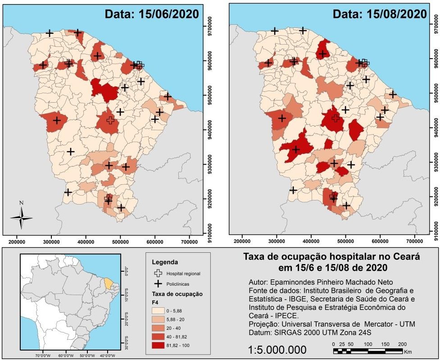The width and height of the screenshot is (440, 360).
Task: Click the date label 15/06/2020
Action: [151, 14]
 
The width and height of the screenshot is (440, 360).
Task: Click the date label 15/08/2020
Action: [379, 14]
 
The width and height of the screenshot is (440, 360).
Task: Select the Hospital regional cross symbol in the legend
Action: [158, 273]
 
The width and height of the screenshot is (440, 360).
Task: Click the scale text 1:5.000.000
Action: [277, 350]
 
